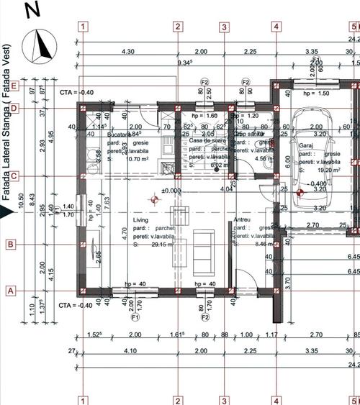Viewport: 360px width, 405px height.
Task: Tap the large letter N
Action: pos(32,9)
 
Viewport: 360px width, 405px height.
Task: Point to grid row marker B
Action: pos(10,245)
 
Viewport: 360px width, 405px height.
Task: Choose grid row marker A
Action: pos(10,291)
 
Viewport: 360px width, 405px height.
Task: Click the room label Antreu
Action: pos(243,219)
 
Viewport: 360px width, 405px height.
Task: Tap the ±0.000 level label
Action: pos(171,191)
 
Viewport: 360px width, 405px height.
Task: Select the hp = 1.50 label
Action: pos(316,94)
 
